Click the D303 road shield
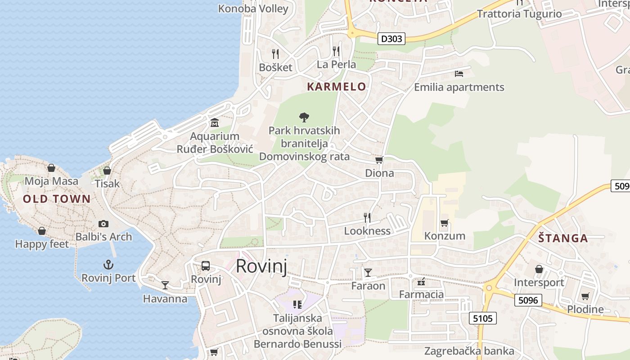point(391,39)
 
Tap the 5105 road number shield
point(483,319)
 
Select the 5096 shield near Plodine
point(528,300)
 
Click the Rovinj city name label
point(261,266)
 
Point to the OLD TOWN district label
point(57,199)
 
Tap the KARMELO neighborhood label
point(337,87)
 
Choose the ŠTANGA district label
point(563,238)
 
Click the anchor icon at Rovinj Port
point(108,264)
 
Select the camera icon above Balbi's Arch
point(103,224)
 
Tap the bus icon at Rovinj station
point(206,265)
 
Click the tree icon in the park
point(304,117)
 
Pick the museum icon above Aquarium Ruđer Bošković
point(215,123)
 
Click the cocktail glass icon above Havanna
point(165,285)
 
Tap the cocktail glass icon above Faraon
point(368,272)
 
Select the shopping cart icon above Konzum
point(445,223)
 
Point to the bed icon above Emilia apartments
point(459,73)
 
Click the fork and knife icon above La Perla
point(336,51)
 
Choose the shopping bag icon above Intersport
point(539,269)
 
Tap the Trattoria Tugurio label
point(519,14)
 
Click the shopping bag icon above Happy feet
point(42,231)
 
